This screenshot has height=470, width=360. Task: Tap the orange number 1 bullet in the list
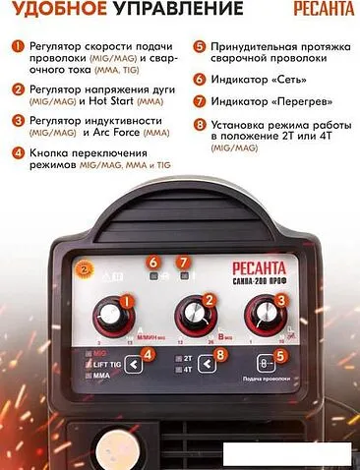tap(18, 46)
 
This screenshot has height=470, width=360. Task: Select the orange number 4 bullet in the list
tap(18, 152)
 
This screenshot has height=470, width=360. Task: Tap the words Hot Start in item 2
tap(128, 99)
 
